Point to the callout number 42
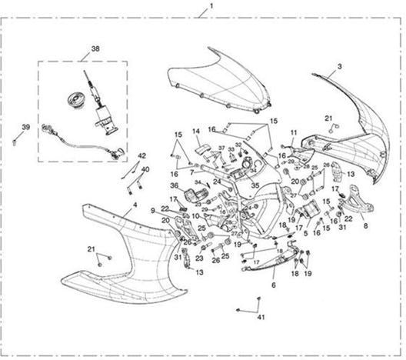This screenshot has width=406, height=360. click(142, 156)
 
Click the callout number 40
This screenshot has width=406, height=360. click(146, 168)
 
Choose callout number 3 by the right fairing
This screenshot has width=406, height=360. click(339, 68)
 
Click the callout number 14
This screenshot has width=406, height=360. click(195, 132)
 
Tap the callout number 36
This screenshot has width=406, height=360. click(174, 186)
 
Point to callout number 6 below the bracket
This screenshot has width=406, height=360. click(274, 284)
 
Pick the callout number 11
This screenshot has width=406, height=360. click(293, 133)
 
